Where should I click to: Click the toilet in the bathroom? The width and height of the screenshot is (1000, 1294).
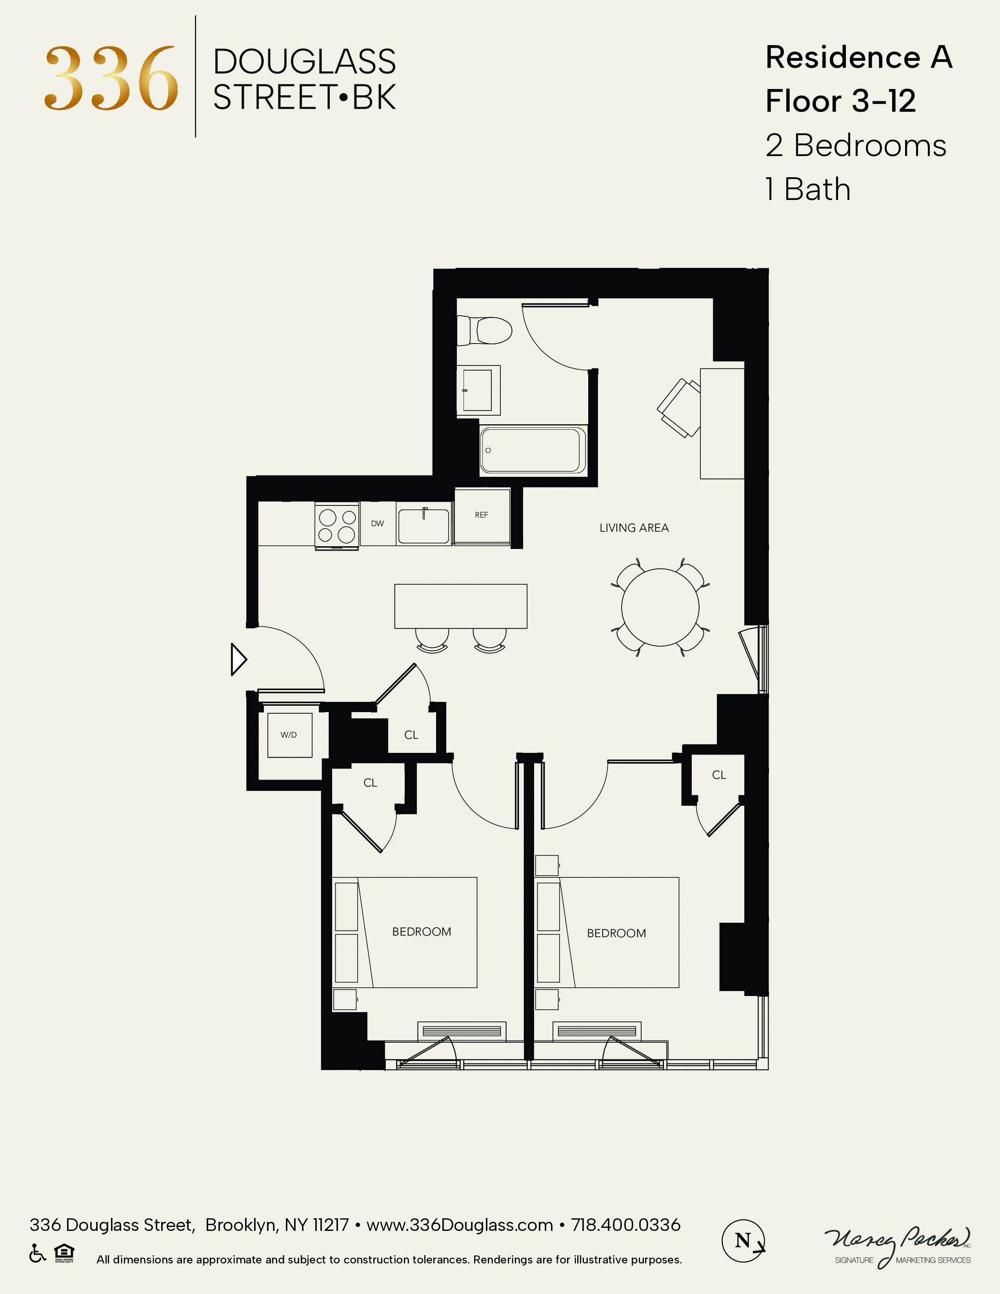(x=486, y=331)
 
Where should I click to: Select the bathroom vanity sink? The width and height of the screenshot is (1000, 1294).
(x=478, y=390)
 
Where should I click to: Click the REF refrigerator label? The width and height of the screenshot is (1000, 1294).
(x=482, y=515)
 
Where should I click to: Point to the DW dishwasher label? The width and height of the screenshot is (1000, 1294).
(x=377, y=523)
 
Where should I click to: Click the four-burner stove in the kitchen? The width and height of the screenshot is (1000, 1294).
(x=336, y=525)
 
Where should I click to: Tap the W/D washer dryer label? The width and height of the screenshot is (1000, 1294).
(x=289, y=735)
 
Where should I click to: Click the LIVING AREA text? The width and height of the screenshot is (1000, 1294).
(x=634, y=528)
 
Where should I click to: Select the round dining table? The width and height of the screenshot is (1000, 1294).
(x=660, y=607)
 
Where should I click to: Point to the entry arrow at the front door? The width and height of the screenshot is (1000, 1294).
(x=238, y=660)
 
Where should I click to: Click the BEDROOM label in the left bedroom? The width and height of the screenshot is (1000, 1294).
(x=421, y=931)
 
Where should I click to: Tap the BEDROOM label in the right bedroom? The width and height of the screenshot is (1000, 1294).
(x=616, y=933)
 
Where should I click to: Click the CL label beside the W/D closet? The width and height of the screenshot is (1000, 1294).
(x=411, y=735)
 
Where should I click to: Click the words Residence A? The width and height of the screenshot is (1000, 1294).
(x=858, y=58)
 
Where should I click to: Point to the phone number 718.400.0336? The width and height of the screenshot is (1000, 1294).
(x=625, y=1225)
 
